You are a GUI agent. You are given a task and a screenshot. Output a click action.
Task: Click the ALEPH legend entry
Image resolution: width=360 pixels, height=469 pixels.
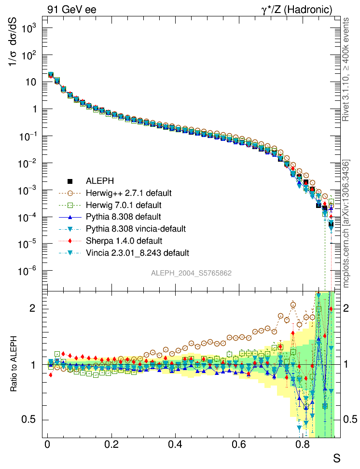(x=100, y=181)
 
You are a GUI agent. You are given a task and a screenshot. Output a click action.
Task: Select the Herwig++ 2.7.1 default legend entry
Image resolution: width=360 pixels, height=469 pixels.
(x=128, y=193)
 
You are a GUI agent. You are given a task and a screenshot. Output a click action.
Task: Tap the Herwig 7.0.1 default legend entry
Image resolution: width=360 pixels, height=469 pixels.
(x=126, y=205)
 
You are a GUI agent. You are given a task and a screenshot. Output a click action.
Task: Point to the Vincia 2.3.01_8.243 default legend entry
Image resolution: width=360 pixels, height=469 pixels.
(x=138, y=252)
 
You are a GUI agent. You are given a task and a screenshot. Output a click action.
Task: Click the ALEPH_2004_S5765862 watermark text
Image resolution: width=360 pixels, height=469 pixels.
(x=192, y=273)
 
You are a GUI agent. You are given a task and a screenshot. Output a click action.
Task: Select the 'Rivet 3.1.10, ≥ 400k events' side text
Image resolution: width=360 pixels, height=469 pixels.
(x=346, y=69)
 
